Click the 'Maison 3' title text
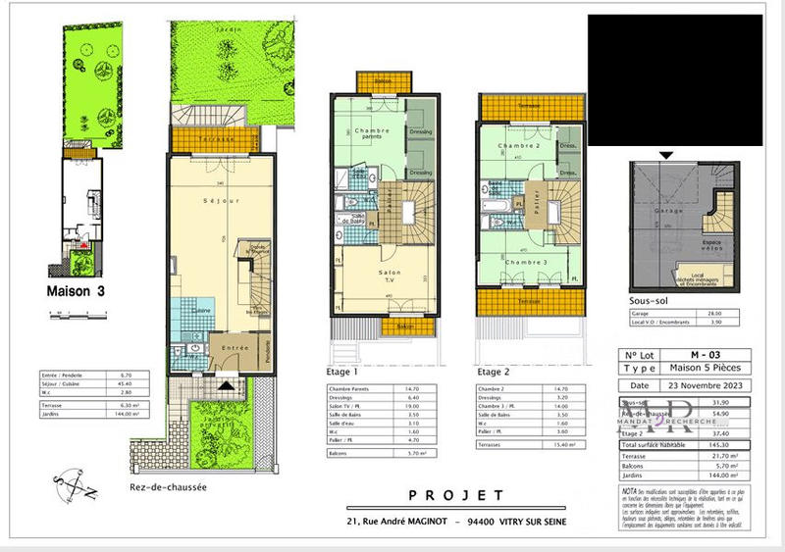[x=78, y=291]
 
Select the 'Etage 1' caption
[x=343, y=373]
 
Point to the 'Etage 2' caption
[x=495, y=373]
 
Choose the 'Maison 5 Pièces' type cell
[x=705, y=369]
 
